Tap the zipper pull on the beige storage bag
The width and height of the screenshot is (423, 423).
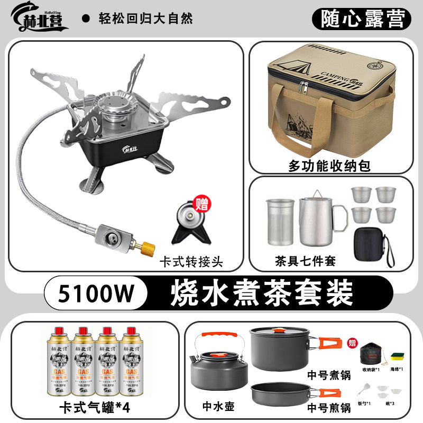304,87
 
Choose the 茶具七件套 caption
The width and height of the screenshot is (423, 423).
305,260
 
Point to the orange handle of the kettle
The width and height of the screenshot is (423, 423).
218,336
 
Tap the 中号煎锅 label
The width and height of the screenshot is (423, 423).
329,408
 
